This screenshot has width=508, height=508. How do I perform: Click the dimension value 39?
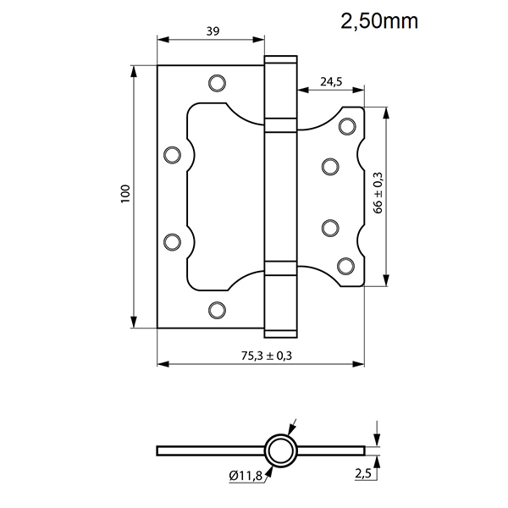point(213,31)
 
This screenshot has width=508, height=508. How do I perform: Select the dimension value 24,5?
point(330,82)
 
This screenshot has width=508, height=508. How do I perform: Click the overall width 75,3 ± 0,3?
point(262,355)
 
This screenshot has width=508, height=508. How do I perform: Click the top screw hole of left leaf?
point(217,83)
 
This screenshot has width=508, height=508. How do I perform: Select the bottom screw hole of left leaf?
point(217,309)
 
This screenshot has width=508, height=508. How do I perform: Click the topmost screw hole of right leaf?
point(345,127)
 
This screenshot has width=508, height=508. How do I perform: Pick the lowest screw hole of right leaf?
point(345,266)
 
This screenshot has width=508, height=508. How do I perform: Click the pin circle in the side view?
point(279,450)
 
